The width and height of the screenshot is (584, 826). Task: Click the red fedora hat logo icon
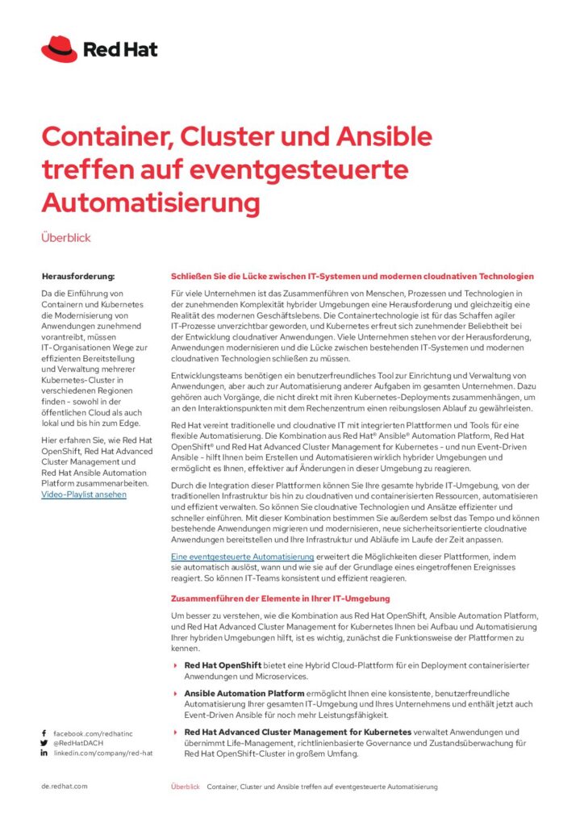[60, 49]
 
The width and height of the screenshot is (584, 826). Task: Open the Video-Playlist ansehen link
[84, 494]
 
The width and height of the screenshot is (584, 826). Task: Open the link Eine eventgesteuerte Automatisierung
[242, 557]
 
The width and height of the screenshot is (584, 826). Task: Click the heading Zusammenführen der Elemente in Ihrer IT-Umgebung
[280, 599]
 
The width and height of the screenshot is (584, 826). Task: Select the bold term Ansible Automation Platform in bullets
[244, 693]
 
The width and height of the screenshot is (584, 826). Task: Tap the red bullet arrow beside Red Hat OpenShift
[176, 665]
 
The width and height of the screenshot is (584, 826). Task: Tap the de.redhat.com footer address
[65, 786]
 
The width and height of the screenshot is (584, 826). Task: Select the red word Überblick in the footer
[185, 786]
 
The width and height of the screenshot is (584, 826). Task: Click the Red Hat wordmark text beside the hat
[120, 50]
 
